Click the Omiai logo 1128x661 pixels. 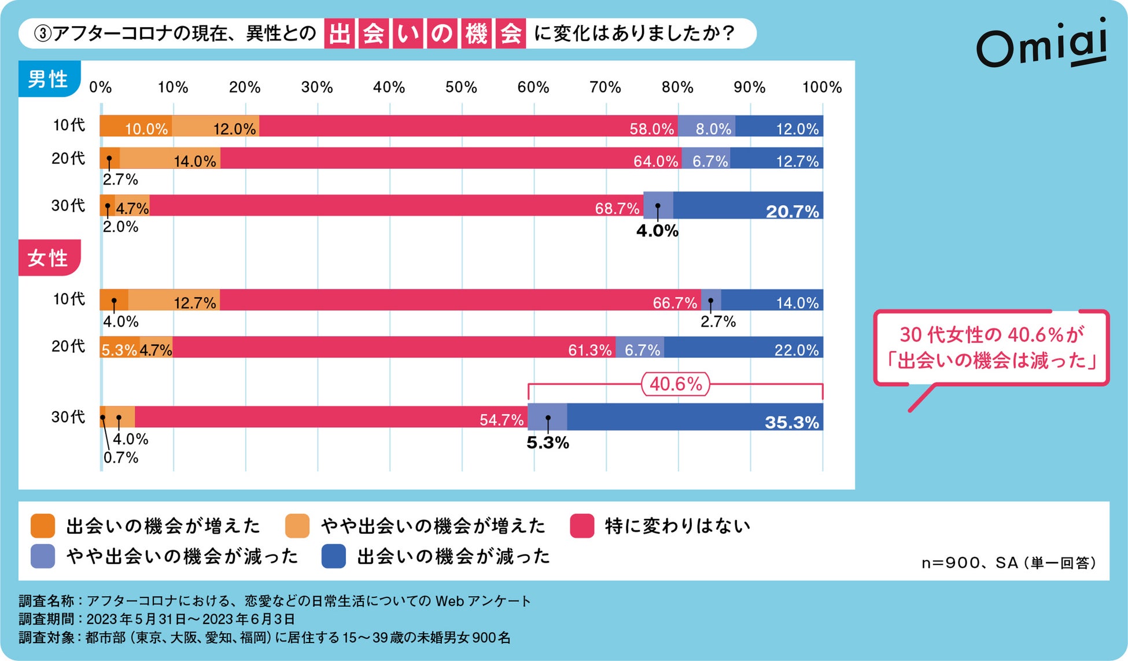(x=1041, y=43)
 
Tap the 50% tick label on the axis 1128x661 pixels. (x=461, y=87)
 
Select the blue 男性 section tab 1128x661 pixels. (x=49, y=79)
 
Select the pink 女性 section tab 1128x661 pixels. (x=49, y=258)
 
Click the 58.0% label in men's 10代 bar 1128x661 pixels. (x=651, y=128)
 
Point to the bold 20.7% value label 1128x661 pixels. (x=792, y=212)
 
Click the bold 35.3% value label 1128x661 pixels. (x=791, y=422)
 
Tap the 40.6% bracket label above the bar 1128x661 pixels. (x=675, y=384)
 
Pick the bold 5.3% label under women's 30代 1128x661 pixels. (x=547, y=443)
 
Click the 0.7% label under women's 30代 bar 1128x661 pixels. (x=121, y=457)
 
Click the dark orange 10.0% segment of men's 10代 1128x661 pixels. (x=135, y=126)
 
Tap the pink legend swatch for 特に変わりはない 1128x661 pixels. (x=582, y=526)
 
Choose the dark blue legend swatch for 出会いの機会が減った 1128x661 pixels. (x=334, y=556)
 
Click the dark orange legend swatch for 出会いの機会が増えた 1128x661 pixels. (x=43, y=526)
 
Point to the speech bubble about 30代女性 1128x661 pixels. (x=991, y=348)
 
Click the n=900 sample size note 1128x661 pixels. (x=1008, y=563)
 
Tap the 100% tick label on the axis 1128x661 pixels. (x=821, y=87)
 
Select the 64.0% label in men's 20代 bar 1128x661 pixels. (x=655, y=161)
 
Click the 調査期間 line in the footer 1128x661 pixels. (x=157, y=619)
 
